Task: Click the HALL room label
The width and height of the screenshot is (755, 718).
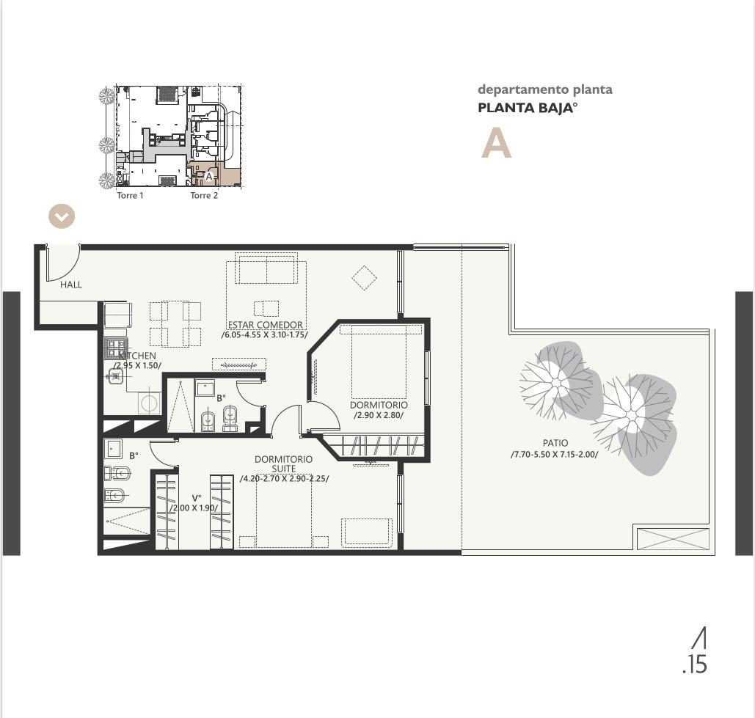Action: pyautogui.click(x=71, y=285)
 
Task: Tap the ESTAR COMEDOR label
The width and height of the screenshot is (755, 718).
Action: pyautogui.click(x=266, y=325)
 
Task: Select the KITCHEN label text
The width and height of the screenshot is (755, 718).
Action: pyautogui.click(x=138, y=356)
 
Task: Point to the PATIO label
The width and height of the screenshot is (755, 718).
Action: pyautogui.click(x=555, y=443)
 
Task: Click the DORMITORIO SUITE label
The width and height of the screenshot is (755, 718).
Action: pyautogui.click(x=284, y=464)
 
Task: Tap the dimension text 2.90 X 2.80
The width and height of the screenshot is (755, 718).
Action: pyautogui.click(x=379, y=415)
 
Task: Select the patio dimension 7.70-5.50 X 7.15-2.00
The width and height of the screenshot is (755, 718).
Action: pyautogui.click(x=554, y=454)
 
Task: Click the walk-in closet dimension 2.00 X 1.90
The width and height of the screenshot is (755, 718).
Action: pyautogui.click(x=194, y=508)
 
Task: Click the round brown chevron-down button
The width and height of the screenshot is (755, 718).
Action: pyautogui.click(x=62, y=216)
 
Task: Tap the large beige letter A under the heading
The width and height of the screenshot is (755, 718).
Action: pyautogui.click(x=496, y=144)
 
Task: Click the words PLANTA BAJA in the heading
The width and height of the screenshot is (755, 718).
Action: pyautogui.click(x=525, y=108)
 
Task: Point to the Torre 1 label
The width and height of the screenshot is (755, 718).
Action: pyautogui.click(x=130, y=195)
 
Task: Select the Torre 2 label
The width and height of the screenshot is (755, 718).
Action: pyautogui.click(x=204, y=195)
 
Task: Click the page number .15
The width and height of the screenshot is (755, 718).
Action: pyautogui.click(x=695, y=664)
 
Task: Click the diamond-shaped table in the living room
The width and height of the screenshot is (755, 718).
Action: pyautogui.click(x=364, y=278)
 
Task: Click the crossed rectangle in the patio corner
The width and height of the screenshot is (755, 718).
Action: pyautogui.click(x=673, y=538)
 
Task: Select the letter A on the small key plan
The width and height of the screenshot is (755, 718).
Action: pyautogui.click(x=209, y=177)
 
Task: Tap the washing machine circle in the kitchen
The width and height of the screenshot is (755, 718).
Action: pyautogui.click(x=149, y=403)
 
